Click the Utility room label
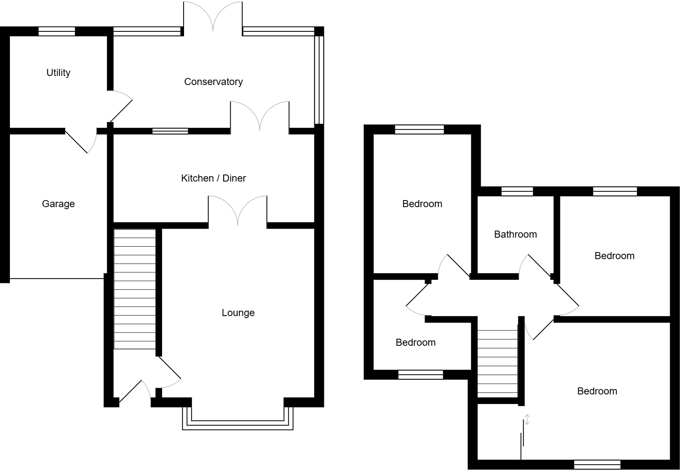pos(58,73)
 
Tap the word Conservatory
pos(213,82)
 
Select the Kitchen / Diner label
pos(213,178)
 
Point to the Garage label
pos(58,204)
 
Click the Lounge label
pos(238,313)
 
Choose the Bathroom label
pos(515,234)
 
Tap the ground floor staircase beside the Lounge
pos(135,289)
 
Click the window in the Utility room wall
pos(57,31)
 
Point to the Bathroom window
pos(517,191)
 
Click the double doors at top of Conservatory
pos(213,17)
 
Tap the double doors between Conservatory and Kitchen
pos(260,116)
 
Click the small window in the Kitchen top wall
pos(170,131)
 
